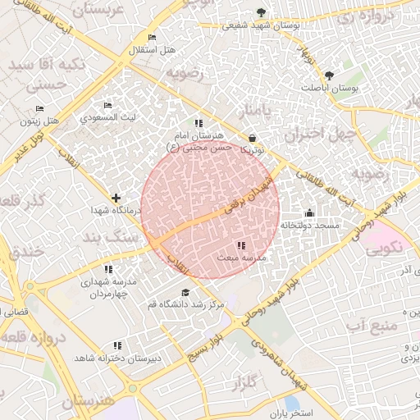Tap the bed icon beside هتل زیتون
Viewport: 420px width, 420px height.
(x=39, y=108)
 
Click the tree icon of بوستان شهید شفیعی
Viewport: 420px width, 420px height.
(x=261, y=12)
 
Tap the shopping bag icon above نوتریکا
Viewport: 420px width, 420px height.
(x=251, y=139)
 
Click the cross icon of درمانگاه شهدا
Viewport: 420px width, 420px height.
(x=116, y=198)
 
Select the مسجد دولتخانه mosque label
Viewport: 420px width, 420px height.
(x=310, y=224)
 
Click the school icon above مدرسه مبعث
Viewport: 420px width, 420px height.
(x=240, y=245)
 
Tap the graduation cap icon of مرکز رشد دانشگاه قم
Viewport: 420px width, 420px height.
(x=185, y=292)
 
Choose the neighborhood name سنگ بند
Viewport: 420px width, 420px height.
(x=107, y=237)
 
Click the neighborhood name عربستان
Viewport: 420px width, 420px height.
(x=104, y=11)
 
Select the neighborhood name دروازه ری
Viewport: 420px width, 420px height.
(x=367, y=16)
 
